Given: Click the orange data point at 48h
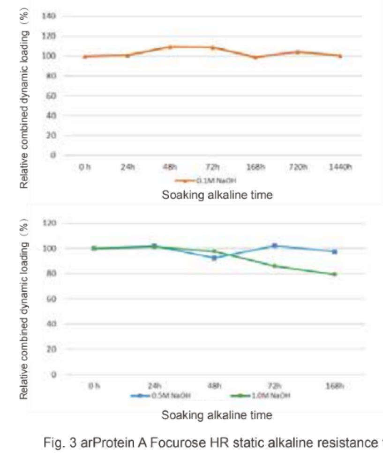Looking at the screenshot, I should point(171,47).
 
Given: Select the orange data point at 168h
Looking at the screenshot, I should point(255,58).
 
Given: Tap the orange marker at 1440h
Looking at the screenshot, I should point(340,56).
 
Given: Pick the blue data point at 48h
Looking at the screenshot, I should point(214,258).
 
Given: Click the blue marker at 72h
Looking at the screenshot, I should point(274,245).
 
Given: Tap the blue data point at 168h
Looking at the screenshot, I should point(334,251).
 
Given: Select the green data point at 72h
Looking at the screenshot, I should point(274,266).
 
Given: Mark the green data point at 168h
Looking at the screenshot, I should point(334,274).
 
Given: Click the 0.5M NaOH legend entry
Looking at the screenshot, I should point(162,396).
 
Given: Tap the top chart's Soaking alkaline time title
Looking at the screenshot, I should point(217,195).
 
